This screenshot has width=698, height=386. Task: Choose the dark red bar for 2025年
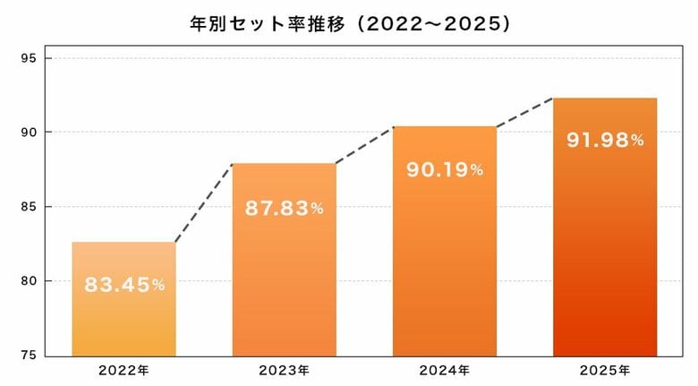tap(605, 251)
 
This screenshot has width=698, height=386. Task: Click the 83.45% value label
tap(124, 285)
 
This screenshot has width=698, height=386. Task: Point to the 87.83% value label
tap(284, 209)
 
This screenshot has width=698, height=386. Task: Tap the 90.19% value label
tap(445, 169)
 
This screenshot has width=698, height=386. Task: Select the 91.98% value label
tap(605, 140)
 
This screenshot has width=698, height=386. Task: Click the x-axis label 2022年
tap(123, 369)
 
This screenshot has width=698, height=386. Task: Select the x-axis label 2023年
tap(284, 369)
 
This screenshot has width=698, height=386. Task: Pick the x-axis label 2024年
tap(445, 369)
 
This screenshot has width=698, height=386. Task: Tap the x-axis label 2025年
tap(605, 369)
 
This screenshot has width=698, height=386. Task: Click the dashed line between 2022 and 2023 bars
tap(204, 202)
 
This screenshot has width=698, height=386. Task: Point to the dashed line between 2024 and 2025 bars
tap(525, 112)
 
